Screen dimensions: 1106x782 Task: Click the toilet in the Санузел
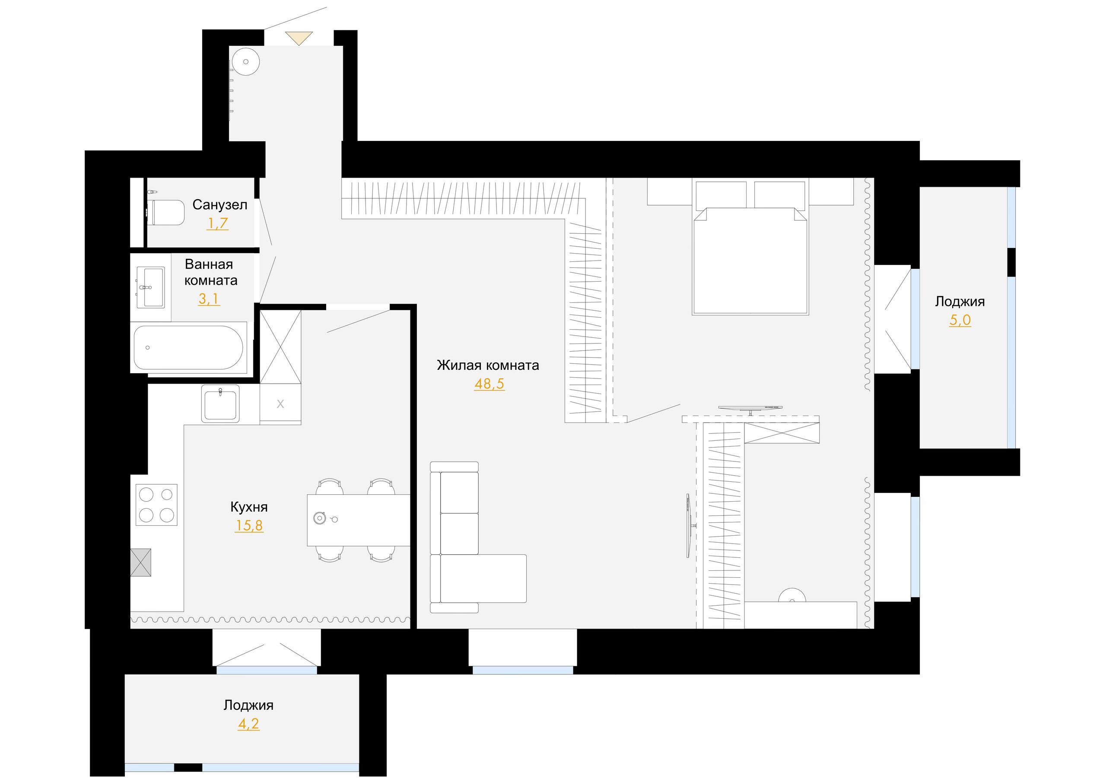click(167, 213)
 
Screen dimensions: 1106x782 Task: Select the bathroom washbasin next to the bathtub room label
click(151, 287)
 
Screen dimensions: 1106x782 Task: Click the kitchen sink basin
click(220, 404)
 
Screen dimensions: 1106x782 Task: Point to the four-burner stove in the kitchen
click(156, 505)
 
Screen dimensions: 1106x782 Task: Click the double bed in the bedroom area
click(750, 248)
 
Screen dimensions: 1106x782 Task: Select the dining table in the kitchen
click(359, 520)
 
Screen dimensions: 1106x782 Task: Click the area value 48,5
click(489, 384)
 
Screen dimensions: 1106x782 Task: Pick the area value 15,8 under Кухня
click(249, 526)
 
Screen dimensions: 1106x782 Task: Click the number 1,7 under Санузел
click(217, 223)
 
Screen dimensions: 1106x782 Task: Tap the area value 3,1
click(209, 299)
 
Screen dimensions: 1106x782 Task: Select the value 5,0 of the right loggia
click(960, 320)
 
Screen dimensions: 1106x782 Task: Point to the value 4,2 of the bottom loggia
click(248, 724)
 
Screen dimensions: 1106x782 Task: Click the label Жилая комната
click(488, 365)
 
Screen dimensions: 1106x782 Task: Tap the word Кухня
click(249, 507)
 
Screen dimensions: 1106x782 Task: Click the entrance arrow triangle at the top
click(299, 37)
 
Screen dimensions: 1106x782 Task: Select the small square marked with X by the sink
click(280, 404)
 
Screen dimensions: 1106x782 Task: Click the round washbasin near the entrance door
click(246, 62)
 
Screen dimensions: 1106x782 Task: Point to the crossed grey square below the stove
click(141, 562)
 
